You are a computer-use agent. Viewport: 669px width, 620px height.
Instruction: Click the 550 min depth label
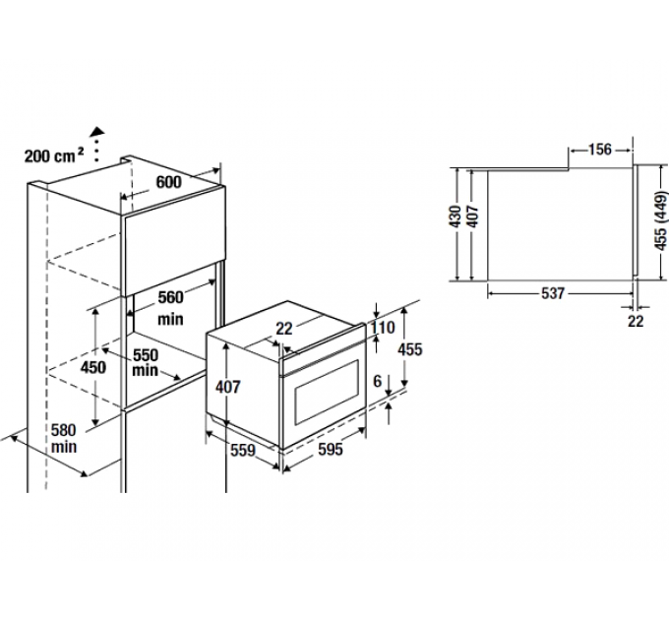coord(146,361)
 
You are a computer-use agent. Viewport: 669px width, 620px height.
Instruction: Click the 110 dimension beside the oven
coord(382,327)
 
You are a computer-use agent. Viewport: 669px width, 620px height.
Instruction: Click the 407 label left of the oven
coord(227,387)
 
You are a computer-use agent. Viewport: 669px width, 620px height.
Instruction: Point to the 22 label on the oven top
coord(284,330)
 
